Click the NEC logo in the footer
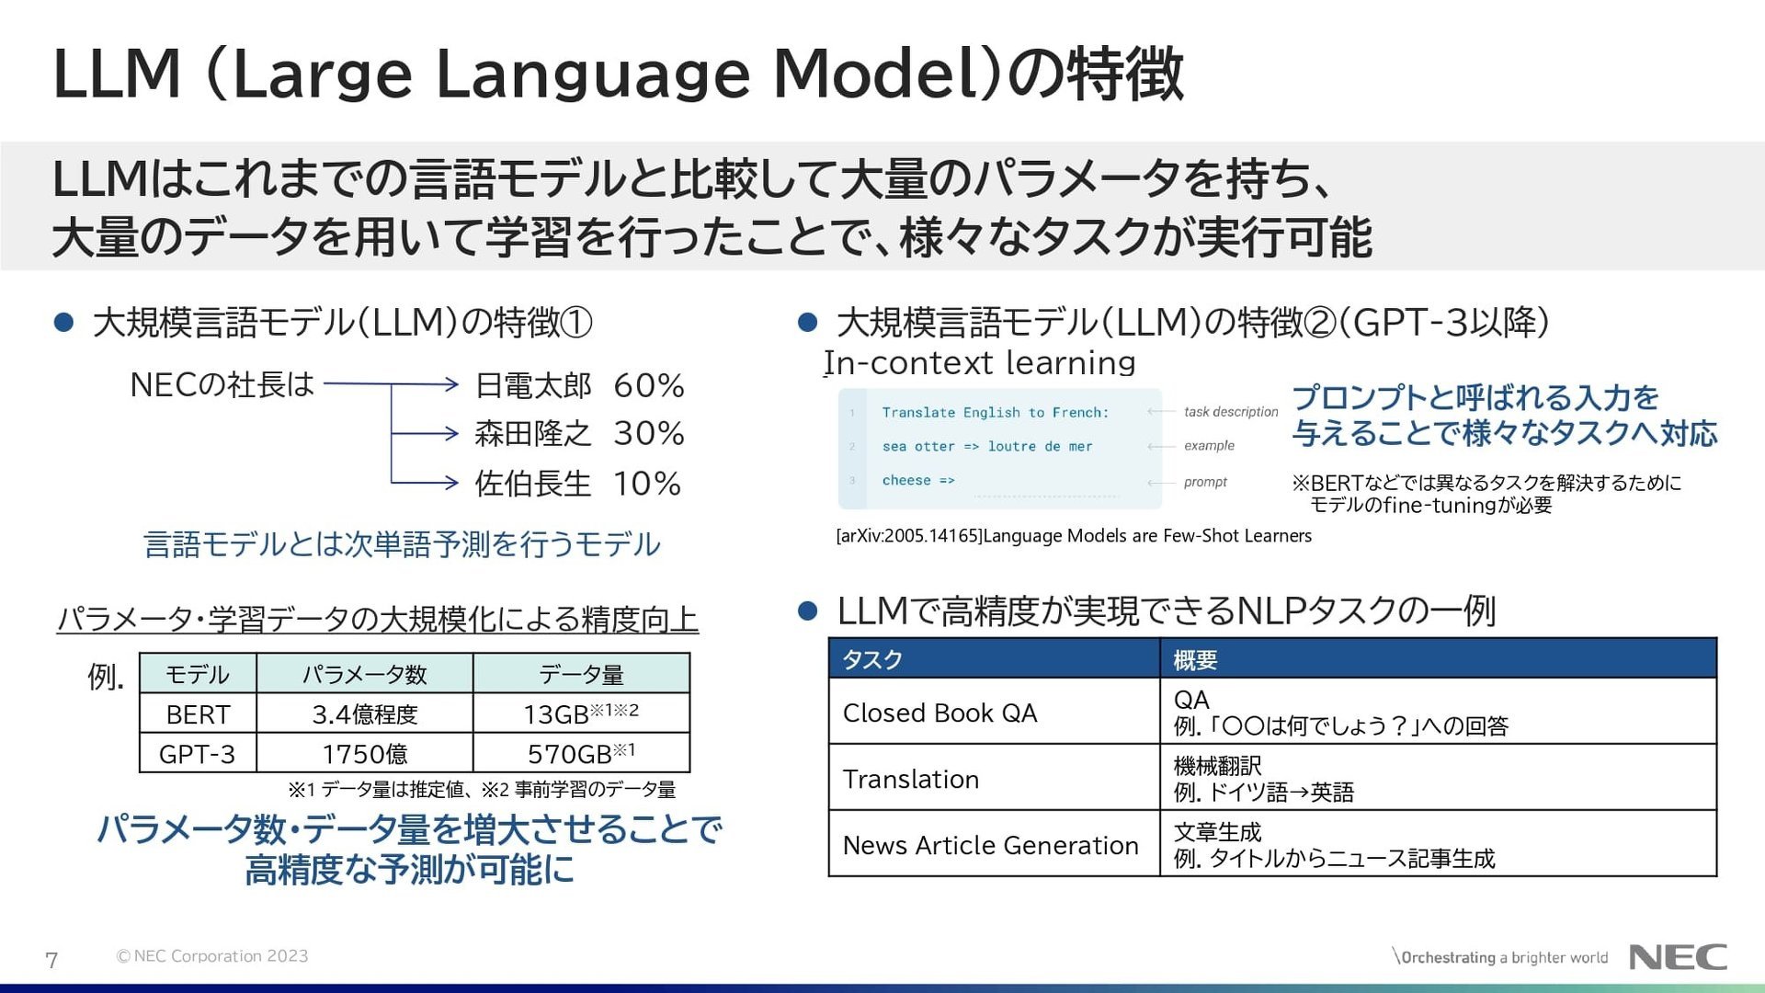tap(1678, 957)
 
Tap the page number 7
tap(51, 961)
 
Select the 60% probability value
tap(649, 385)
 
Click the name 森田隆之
tap(533, 433)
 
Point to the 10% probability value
tap(647, 484)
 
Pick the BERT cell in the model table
tap(198, 714)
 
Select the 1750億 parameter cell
tap(365, 754)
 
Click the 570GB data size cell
tap(581, 754)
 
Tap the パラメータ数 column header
tap(365, 674)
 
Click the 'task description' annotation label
tap(1231, 412)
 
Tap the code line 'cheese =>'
tap(918, 481)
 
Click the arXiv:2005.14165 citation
tap(1074, 536)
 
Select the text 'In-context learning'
tap(980, 363)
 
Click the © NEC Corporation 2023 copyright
tap(212, 956)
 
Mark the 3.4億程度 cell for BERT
tap(365, 714)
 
